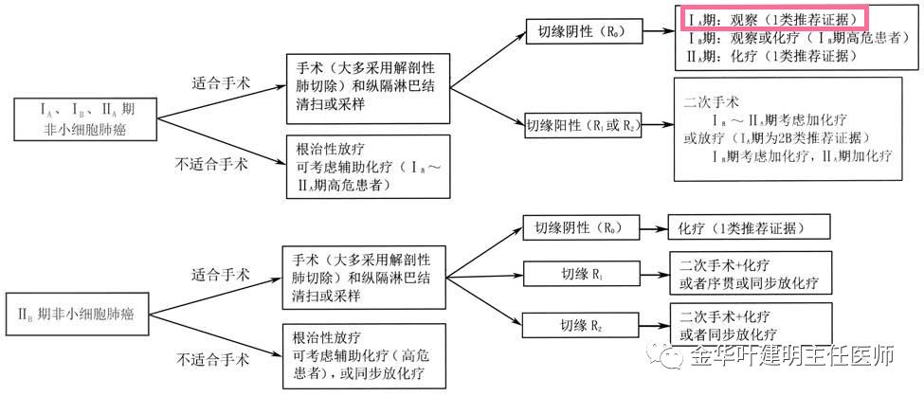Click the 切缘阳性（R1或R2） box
(x=584, y=125)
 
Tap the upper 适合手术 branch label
(x=221, y=83)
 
